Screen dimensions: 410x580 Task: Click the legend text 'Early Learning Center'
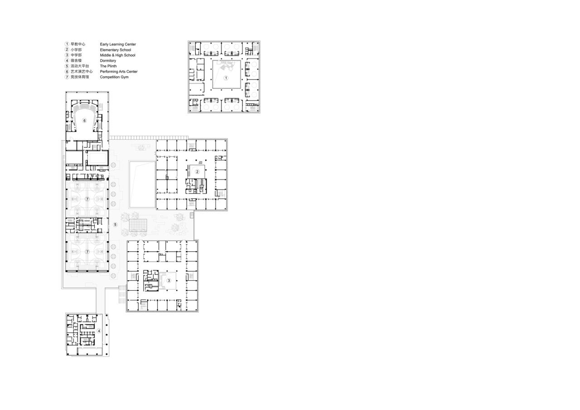pyautogui.click(x=118, y=44)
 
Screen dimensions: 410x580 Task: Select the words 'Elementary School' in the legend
pyautogui.click(x=115, y=50)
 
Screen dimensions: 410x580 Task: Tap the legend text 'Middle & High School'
pyautogui.click(x=117, y=55)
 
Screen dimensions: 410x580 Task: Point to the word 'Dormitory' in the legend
pyautogui.click(x=108, y=61)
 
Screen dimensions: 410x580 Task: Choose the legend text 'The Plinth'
pyautogui.click(x=108, y=66)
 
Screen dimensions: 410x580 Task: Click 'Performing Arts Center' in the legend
pyautogui.click(x=119, y=72)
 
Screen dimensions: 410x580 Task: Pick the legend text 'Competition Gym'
pyautogui.click(x=114, y=77)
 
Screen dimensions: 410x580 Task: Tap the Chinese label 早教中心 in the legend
pyautogui.click(x=78, y=44)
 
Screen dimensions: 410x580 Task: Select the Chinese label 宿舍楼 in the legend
pyautogui.click(x=76, y=61)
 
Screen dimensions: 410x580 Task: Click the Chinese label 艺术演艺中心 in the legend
pyautogui.click(x=82, y=72)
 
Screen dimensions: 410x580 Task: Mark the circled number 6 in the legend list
pyautogui.click(x=67, y=72)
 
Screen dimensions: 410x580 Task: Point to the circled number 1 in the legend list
pyautogui.click(x=67, y=44)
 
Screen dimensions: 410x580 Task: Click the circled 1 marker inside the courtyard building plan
pyautogui.click(x=227, y=78)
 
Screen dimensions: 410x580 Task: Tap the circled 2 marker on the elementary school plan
pyautogui.click(x=198, y=171)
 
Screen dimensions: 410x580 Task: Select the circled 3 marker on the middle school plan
pyautogui.click(x=169, y=280)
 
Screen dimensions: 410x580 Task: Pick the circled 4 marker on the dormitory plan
pyautogui.click(x=99, y=331)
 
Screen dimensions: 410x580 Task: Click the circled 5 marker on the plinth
pyautogui.click(x=115, y=225)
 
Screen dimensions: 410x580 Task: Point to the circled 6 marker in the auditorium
pyautogui.click(x=84, y=121)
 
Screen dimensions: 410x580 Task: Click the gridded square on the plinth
pyautogui.click(x=139, y=226)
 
